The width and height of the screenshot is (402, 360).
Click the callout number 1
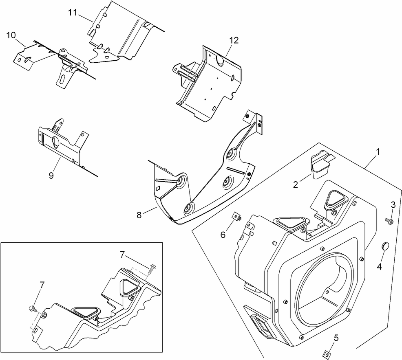click(378, 151)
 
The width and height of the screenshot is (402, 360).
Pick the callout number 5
click(336, 338)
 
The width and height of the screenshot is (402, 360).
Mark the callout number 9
click(51, 175)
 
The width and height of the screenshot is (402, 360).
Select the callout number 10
click(11, 35)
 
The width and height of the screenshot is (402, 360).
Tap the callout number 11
click(73, 13)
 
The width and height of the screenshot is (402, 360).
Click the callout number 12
click(234, 40)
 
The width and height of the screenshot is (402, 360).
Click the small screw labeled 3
click(388, 220)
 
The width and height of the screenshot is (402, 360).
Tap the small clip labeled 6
click(236, 216)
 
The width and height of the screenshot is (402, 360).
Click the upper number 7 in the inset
click(121, 255)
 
